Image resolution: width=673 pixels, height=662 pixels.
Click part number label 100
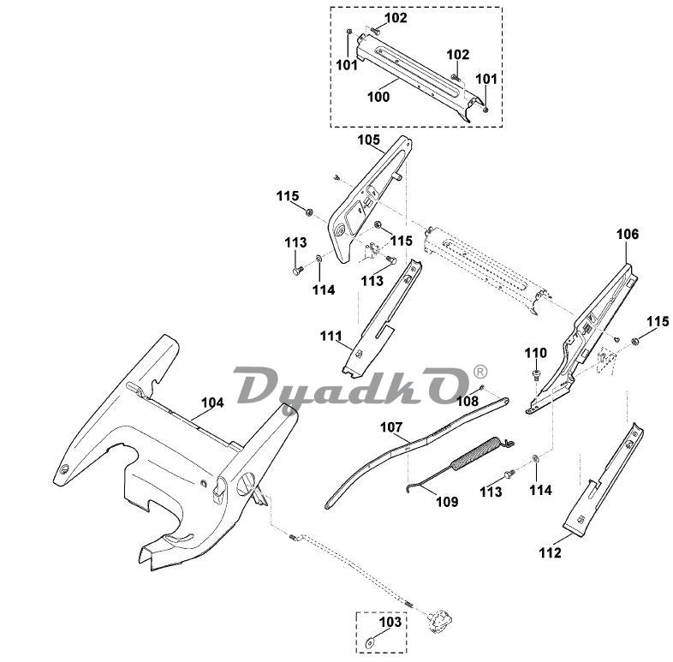coord(378,97)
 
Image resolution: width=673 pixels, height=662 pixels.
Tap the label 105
coord(368,138)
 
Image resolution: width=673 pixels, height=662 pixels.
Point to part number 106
coord(627,234)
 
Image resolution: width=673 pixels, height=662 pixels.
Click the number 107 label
coord(390,426)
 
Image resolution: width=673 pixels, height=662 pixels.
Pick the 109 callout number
coord(446,501)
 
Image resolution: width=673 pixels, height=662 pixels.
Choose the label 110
coord(535,353)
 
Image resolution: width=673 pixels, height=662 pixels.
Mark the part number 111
coord(331,336)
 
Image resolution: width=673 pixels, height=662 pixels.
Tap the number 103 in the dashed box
coord(390,623)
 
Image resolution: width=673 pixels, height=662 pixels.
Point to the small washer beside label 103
coord(371,639)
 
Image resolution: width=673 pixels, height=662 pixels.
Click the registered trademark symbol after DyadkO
coord(479,372)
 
